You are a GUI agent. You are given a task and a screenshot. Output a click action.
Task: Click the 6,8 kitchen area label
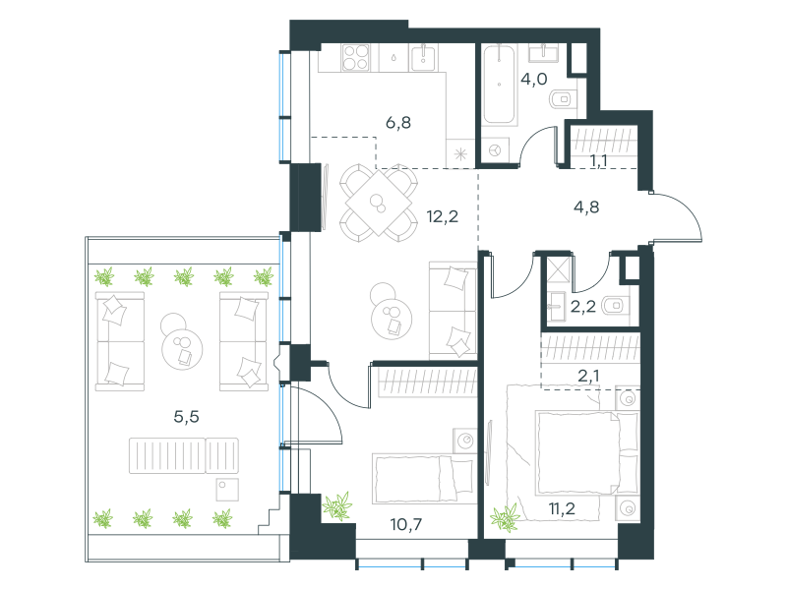point(398,122)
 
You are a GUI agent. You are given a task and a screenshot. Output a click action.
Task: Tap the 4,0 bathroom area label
point(533,80)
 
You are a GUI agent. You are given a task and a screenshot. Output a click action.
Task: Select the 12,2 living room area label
point(442,216)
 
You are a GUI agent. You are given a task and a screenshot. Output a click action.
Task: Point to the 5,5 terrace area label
point(186,416)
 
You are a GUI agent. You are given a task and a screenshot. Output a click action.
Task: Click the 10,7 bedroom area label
point(406,525)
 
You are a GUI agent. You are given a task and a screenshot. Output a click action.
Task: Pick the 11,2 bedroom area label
point(562,508)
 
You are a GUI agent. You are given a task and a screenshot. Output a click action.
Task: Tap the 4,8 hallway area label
point(586,206)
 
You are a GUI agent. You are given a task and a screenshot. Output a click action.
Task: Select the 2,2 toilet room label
point(582,306)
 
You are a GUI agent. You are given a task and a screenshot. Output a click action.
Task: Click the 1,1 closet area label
point(598,161)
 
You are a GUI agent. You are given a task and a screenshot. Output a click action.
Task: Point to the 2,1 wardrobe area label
point(588,376)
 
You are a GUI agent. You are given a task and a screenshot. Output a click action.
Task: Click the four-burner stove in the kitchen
point(356,58)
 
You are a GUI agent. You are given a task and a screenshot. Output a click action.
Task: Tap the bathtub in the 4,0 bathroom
point(499,85)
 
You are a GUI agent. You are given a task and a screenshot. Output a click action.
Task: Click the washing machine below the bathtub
point(495,150)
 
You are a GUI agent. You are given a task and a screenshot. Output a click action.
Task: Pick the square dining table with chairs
point(379,203)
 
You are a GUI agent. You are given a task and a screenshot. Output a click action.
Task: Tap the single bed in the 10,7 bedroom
point(423,479)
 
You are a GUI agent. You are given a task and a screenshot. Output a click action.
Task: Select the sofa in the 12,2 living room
point(453,310)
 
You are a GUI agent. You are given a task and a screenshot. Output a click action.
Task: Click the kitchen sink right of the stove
point(423,58)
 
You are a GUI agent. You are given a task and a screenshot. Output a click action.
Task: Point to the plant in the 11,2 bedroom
point(506,517)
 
